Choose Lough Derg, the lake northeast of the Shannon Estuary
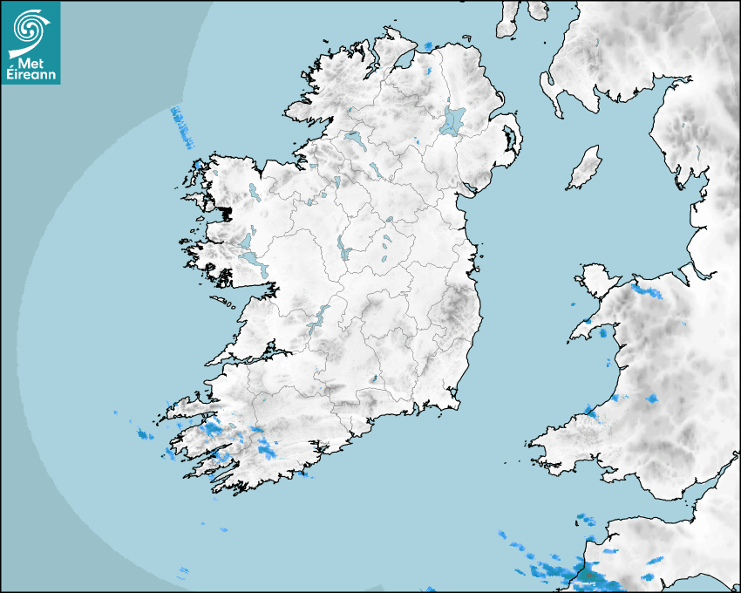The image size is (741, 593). click(x=317, y=318)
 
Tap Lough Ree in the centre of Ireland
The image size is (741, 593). click(x=343, y=249)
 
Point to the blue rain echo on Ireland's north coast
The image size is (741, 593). click(x=427, y=46)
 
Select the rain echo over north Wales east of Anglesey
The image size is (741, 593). click(x=648, y=290)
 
